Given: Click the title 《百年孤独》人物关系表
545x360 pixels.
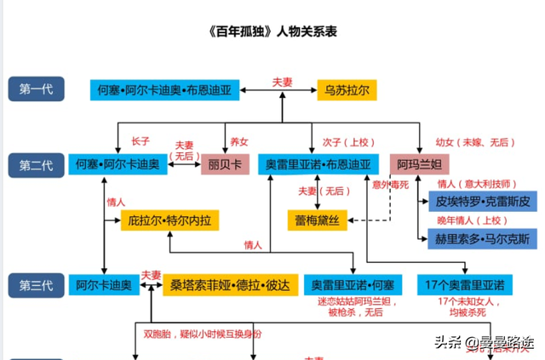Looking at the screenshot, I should click(272, 32).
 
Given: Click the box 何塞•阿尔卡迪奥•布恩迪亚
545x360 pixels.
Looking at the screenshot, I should click(168, 89).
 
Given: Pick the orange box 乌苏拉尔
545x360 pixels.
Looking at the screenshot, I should click(346, 89).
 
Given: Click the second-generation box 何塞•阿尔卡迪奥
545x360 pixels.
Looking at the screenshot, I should click(118, 164).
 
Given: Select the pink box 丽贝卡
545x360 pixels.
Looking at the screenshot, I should click(226, 164).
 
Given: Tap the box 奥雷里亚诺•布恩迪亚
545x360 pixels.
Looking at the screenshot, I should click(318, 164).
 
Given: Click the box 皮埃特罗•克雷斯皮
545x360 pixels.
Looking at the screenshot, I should click(481, 203).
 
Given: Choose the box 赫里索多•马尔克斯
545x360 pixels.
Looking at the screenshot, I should click(481, 237).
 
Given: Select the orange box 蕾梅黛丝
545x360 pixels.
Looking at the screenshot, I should click(319, 220).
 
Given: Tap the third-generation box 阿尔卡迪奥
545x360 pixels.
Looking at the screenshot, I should click(103, 284).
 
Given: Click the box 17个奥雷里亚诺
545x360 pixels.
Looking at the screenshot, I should click(464, 284).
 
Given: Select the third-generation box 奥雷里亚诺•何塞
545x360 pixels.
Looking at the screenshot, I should click(352, 284).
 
